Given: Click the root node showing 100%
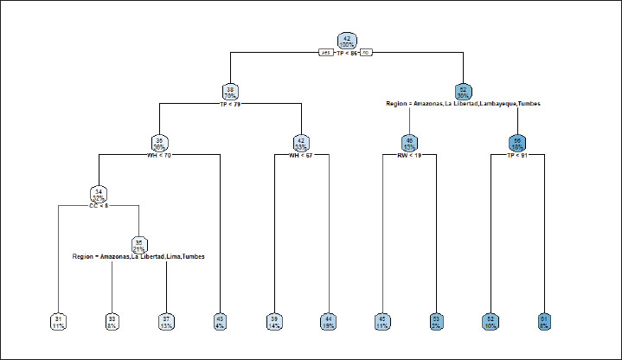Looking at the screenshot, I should point(347,42).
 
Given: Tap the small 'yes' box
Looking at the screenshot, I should point(325,53).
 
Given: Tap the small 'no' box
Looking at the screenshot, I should point(366,53).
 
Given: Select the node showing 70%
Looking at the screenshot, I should point(230,92).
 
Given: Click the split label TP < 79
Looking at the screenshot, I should point(230,104).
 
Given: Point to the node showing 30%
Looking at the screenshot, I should point(463,92).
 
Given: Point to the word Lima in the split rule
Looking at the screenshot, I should point(173,257).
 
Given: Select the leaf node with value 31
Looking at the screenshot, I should point(57,322).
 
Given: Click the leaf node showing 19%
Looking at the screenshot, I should point(329,322).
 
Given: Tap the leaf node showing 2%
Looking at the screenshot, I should point(436,322).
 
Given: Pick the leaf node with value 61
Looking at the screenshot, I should point(544,322).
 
